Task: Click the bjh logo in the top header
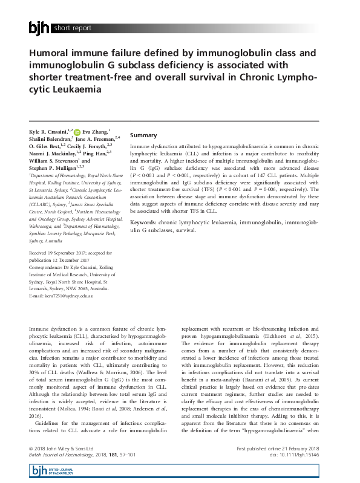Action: point(39,27)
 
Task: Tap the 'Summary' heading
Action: point(143,135)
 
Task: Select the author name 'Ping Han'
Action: point(95,154)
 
